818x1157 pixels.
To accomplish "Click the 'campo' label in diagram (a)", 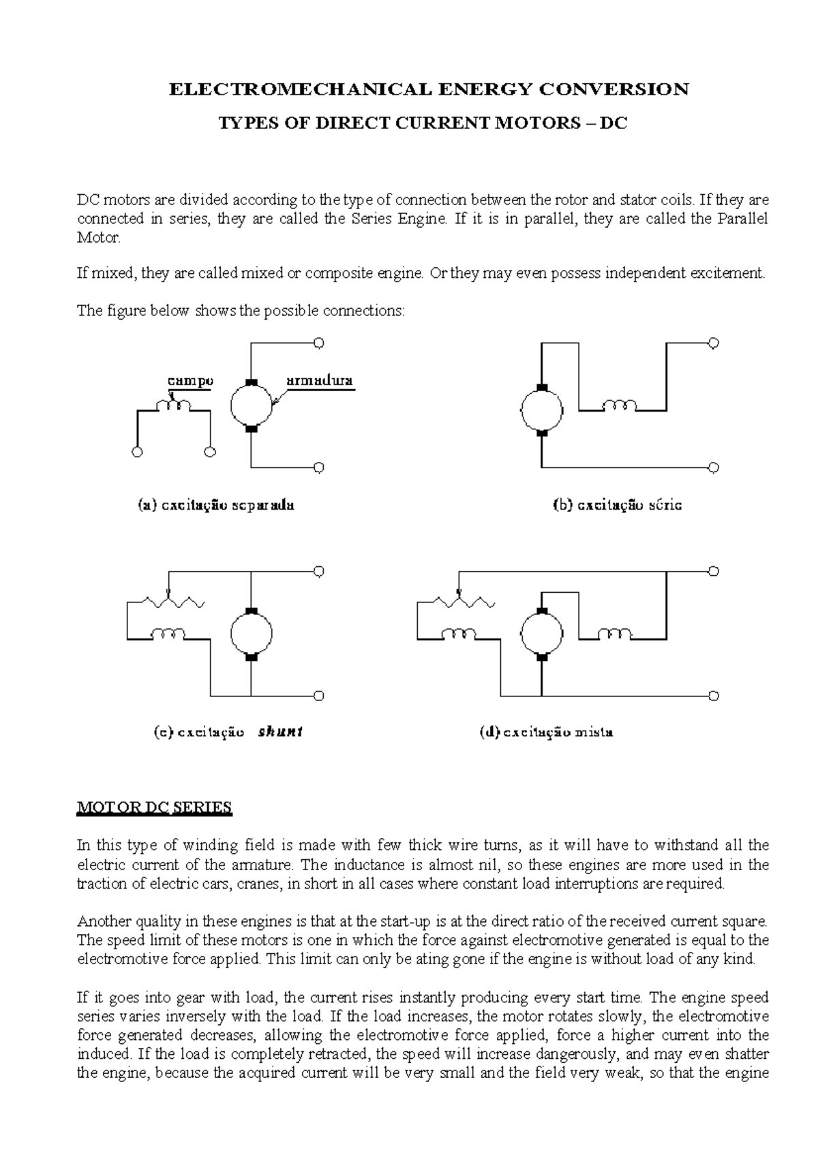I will [190, 381].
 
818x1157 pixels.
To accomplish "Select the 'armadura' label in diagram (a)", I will [319, 381].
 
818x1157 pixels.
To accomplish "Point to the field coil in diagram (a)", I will [174, 406].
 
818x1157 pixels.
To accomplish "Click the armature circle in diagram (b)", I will [542, 410].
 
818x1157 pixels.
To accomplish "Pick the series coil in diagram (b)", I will [620, 407].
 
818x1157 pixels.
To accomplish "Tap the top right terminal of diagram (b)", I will [714, 343].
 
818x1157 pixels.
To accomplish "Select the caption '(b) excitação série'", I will [617, 506].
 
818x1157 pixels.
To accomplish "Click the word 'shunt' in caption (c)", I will [280, 732].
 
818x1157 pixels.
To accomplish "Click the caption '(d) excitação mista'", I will [546, 732].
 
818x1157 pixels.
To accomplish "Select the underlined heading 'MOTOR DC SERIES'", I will [154, 807].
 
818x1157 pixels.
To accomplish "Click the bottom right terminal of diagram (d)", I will [714, 696].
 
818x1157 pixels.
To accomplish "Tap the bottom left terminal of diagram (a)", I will [138, 452].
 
